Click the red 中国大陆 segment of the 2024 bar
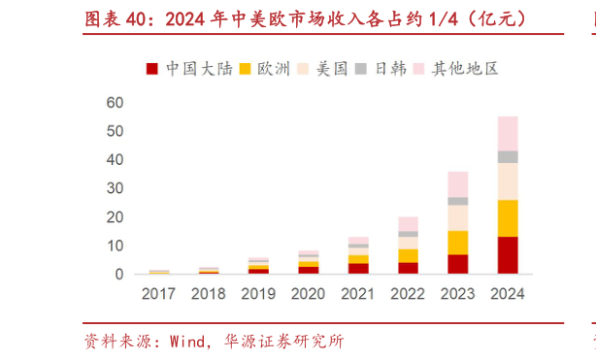508,255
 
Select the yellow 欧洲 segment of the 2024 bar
508,218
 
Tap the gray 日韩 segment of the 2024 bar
508,156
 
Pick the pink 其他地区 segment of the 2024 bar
508,133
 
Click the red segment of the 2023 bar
457,264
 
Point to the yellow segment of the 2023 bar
457,243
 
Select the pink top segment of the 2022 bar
408,224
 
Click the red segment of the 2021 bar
358,269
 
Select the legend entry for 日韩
381,69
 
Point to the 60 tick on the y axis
115,102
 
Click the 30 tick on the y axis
115,188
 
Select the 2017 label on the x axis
159,293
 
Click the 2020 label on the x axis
308,293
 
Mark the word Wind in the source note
187,342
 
